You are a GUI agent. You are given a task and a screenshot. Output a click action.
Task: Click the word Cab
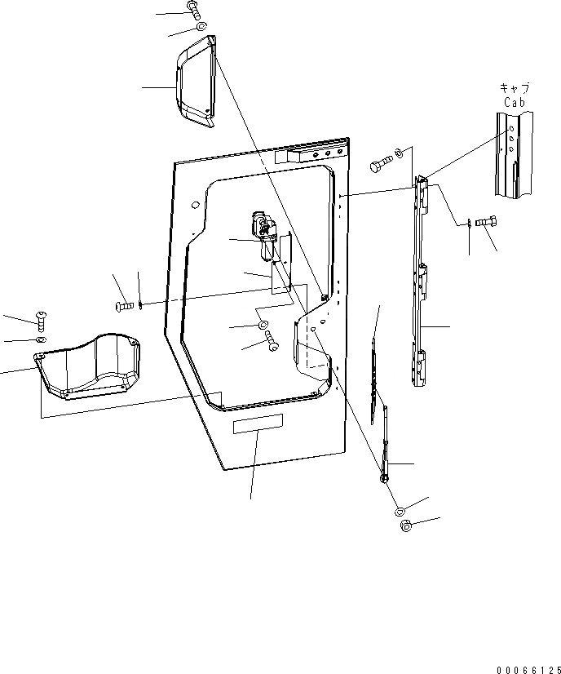(513, 102)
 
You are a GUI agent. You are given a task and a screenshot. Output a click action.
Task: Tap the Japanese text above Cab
(513, 89)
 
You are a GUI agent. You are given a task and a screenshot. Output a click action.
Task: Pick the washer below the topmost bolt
(200, 28)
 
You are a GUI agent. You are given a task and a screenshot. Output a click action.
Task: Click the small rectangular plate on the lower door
(258, 423)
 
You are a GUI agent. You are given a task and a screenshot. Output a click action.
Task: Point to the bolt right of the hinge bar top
(488, 221)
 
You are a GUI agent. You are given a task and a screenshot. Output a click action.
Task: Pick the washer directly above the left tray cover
(41, 339)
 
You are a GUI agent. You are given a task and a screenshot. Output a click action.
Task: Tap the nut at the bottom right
(406, 526)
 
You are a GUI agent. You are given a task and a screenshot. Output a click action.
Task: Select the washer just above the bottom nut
(400, 511)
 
